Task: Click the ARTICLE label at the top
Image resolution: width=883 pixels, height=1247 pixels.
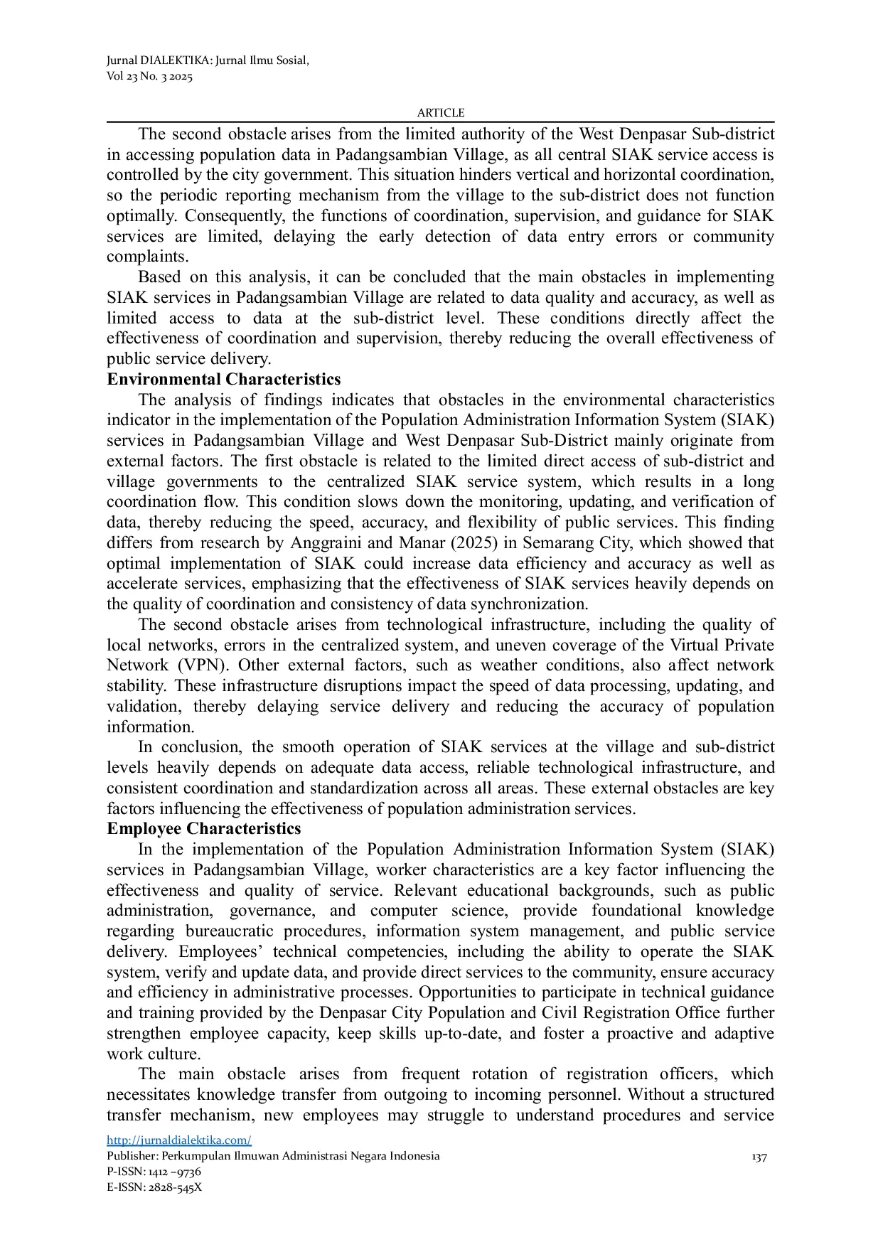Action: pos(440,113)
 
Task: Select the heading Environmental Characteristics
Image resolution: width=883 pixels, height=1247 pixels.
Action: pos(223,380)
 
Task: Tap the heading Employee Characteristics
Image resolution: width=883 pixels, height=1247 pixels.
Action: pos(203,829)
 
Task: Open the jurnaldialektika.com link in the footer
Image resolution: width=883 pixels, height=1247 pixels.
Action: pos(178,1140)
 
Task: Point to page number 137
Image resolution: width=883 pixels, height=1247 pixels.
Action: pos(759,1157)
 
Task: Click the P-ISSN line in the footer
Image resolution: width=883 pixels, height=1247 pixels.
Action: pos(154,1172)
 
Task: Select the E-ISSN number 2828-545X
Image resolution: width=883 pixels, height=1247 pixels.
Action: pos(173,1187)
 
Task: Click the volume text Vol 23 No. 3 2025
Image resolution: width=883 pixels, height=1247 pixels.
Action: pos(149,76)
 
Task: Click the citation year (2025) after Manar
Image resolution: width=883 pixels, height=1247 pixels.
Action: pos(491,543)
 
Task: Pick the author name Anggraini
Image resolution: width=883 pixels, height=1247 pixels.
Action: pos(325,543)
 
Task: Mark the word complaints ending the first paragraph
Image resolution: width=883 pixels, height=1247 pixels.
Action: pos(147,257)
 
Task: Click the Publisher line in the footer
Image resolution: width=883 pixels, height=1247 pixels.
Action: pos(273,1156)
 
